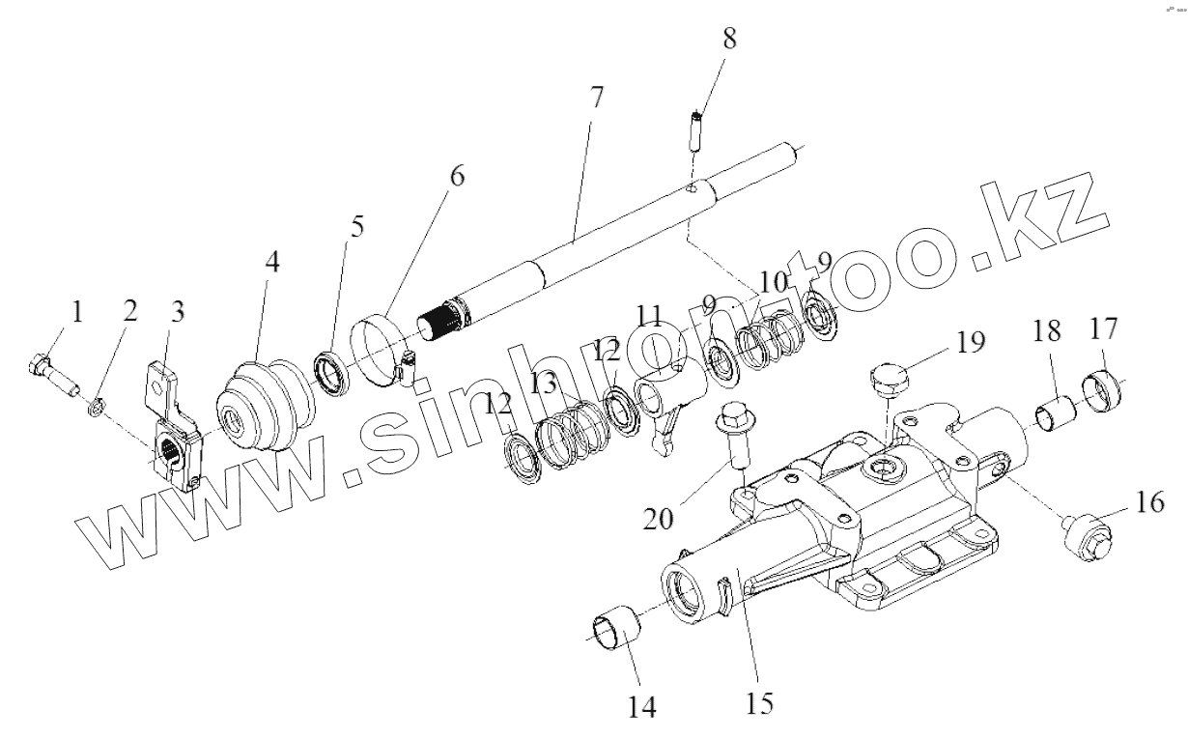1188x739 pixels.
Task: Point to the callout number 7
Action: (x=596, y=98)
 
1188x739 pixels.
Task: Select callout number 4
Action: (x=272, y=263)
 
